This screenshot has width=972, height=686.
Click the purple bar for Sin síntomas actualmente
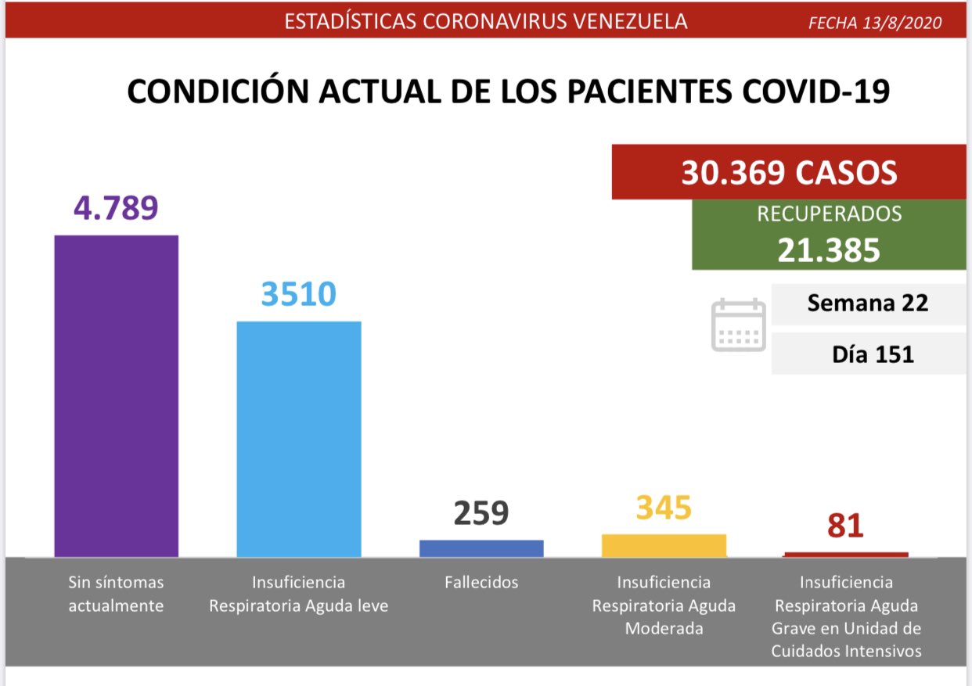click(x=116, y=395)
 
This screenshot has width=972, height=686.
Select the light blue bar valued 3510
click(x=298, y=438)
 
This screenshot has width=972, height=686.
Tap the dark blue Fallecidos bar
click(x=481, y=548)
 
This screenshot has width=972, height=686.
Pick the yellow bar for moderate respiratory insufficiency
click(x=664, y=545)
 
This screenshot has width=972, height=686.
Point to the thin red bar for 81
click(x=846, y=554)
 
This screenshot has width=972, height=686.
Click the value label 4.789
click(x=116, y=208)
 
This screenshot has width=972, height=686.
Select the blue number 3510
click(x=298, y=294)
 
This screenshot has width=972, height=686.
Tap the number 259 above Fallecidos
click(x=481, y=513)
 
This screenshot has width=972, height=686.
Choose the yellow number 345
click(x=664, y=508)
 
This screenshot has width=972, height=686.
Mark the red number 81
click(x=846, y=524)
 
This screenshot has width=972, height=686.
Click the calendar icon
click(x=738, y=325)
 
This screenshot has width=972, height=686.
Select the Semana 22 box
click(x=868, y=303)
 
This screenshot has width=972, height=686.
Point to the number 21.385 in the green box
click(x=829, y=250)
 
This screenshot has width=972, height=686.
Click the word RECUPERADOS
click(x=829, y=214)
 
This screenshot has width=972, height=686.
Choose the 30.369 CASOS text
click(x=789, y=173)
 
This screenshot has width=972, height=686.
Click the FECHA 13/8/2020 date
click(x=875, y=23)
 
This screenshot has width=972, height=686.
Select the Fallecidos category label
click(x=481, y=582)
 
